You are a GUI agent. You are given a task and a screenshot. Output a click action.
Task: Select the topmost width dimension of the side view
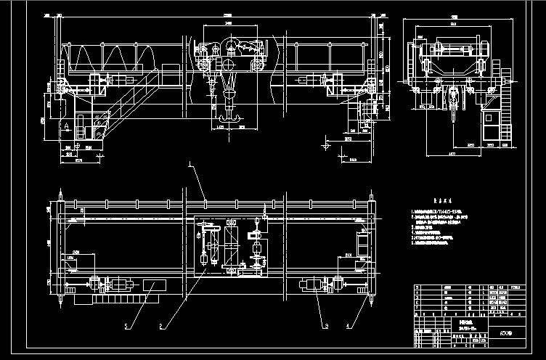433,16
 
